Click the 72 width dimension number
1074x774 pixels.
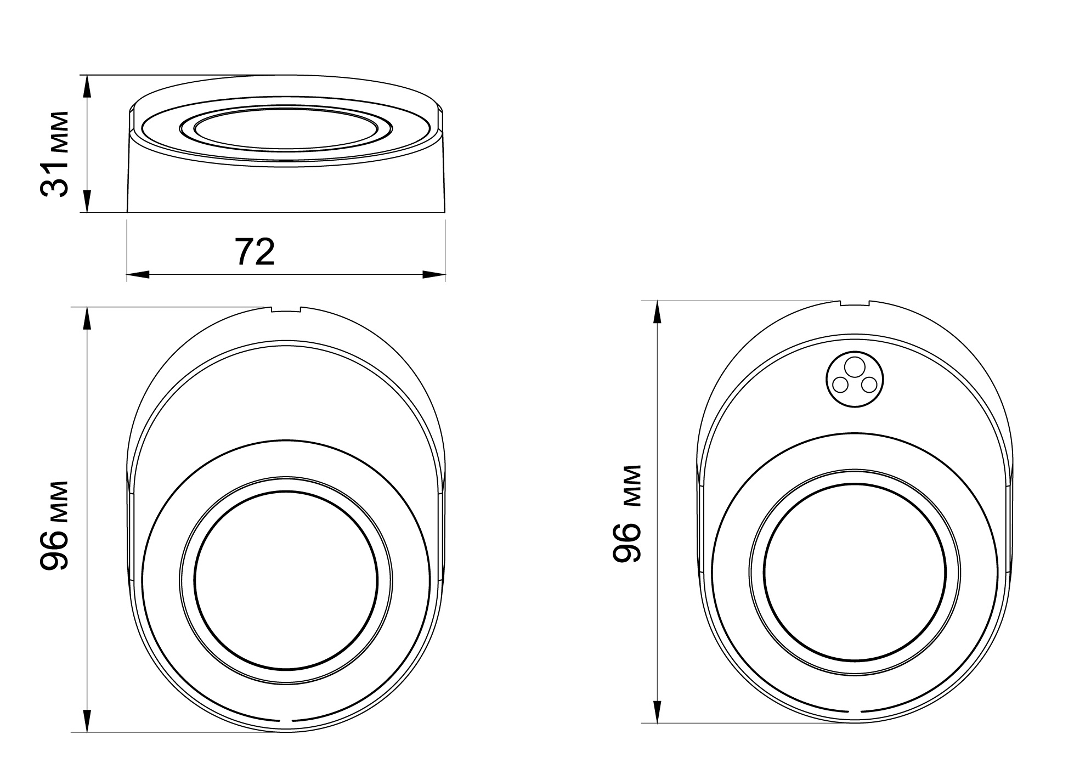click(x=255, y=251)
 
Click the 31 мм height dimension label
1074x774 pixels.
click(x=55, y=153)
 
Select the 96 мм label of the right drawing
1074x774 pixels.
click(x=626, y=513)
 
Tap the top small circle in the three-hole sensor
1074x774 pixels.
click(x=854, y=365)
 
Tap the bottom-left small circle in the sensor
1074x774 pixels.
click(x=840, y=386)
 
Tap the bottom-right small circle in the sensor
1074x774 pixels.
click(x=869, y=386)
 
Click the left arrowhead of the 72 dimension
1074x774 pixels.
click(x=138, y=274)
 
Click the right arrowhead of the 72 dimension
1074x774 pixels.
click(x=433, y=274)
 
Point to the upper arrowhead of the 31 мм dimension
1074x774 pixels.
click(x=87, y=86)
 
